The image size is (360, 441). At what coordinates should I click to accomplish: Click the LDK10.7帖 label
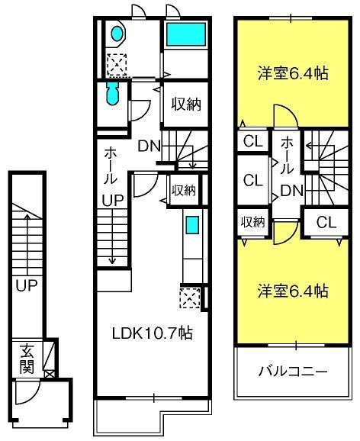[152, 333]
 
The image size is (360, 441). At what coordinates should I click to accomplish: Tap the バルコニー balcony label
[293, 372]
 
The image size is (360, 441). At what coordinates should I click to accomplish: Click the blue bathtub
[186, 34]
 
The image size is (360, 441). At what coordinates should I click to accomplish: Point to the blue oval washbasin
[117, 34]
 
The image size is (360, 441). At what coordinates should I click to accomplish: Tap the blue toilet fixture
[113, 94]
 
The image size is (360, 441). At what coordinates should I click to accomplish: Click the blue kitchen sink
[192, 224]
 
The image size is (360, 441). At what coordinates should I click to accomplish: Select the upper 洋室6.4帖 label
[293, 73]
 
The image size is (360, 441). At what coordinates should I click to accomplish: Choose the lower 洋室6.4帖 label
[293, 291]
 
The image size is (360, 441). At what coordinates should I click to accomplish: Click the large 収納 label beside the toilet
[186, 105]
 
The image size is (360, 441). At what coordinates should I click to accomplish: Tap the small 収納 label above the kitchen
[184, 191]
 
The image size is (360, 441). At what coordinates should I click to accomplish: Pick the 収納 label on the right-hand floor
[253, 222]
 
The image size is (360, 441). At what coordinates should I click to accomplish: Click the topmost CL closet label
[253, 141]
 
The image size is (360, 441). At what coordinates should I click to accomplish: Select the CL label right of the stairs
[326, 222]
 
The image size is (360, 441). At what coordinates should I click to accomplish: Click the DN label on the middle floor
[149, 146]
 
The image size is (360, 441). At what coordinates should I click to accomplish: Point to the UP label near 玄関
[27, 285]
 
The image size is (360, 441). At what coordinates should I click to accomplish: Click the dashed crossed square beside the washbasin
[117, 64]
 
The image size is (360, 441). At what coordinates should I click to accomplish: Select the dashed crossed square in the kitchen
[190, 298]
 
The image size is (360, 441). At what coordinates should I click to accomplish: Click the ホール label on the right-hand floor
[287, 155]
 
